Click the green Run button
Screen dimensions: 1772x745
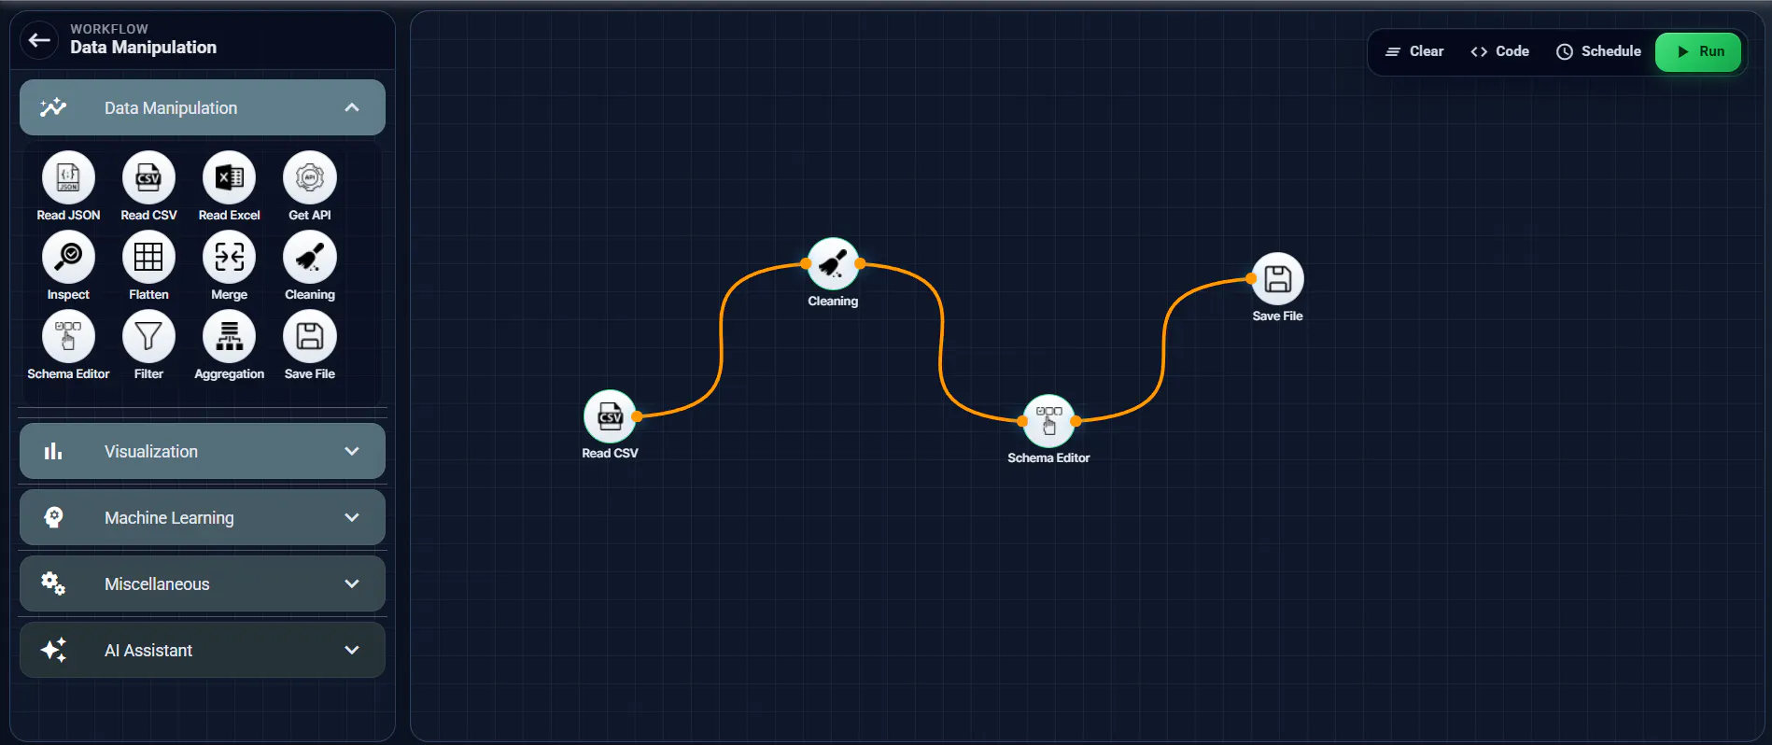[x=1698, y=51]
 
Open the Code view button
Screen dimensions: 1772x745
[x=1499, y=51]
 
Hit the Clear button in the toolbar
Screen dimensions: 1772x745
[x=1413, y=51]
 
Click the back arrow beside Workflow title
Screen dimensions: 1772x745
[x=39, y=40]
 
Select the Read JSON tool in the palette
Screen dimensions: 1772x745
[x=68, y=177]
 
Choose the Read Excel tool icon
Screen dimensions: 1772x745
[x=229, y=177]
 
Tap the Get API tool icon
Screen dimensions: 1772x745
[x=310, y=177]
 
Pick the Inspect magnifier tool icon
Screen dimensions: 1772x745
[x=68, y=257]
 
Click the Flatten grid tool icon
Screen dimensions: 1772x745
[x=148, y=257]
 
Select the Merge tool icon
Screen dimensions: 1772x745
[x=229, y=257]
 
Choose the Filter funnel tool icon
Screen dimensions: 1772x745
[x=148, y=336]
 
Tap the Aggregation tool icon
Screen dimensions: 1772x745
[x=229, y=336]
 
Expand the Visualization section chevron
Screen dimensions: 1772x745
[x=352, y=451]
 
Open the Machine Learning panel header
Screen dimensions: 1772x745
[x=203, y=517]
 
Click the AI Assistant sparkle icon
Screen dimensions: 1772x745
[x=53, y=650]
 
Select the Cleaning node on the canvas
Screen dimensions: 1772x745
[x=833, y=264]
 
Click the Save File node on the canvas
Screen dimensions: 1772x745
[x=1277, y=279]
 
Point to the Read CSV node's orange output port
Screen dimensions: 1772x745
[x=637, y=416]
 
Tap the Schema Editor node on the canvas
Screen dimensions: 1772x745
[x=1048, y=421]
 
